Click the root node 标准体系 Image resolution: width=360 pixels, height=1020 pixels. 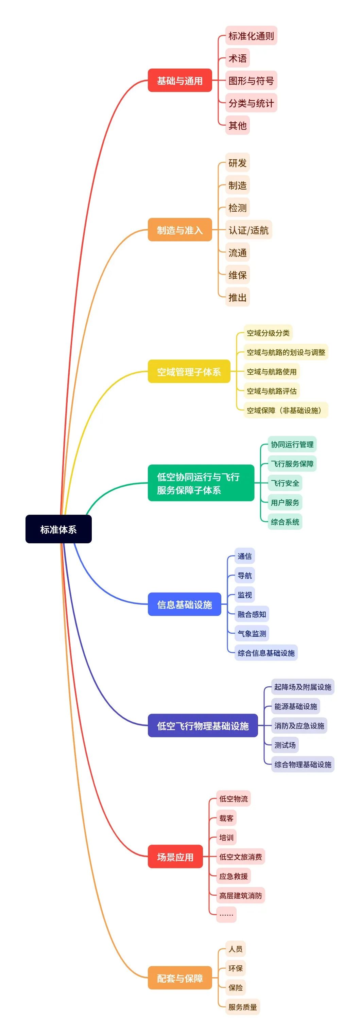pyautogui.click(x=58, y=529)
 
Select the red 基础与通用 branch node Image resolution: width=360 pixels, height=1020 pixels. pyautogui.click(x=180, y=81)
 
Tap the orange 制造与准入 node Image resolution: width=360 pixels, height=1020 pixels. pyautogui.click(x=180, y=230)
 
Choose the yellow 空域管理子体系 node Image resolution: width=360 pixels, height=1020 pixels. pyautogui.click(x=189, y=371)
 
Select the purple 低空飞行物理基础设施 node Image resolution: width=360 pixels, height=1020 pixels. pyautogui.click(x=202, y=725)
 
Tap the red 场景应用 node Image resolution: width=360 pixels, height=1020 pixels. pyautogui.click(x=175, y=857)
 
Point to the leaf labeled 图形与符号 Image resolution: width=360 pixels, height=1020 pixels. pyautogui.click(x=251, y=81)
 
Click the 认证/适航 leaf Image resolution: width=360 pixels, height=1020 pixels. pyautogui.click(x=248, y=230)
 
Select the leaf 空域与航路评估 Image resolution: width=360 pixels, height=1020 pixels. pyautogui.click(x=271, y=391)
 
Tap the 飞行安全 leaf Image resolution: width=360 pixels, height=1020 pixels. pyautogui.click(x=285, y=483)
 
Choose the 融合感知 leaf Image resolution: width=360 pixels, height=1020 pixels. pyautogui.click(x=252, y=614)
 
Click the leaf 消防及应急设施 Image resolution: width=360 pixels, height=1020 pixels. pyautogui.click(x=299, y=726)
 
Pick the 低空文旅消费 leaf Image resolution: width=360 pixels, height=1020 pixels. pyautogui.click(x=240, y=857)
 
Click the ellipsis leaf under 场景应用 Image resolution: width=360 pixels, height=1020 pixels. pyautogui.click(x=226, y=914)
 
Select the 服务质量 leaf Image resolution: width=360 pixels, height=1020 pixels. pyautogui.click(x=242, y=1006)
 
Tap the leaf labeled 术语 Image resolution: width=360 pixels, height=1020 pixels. pyautogui.click(x=237, y=58)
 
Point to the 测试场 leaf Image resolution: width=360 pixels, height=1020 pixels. pyautogui.click(x=285, y=745)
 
